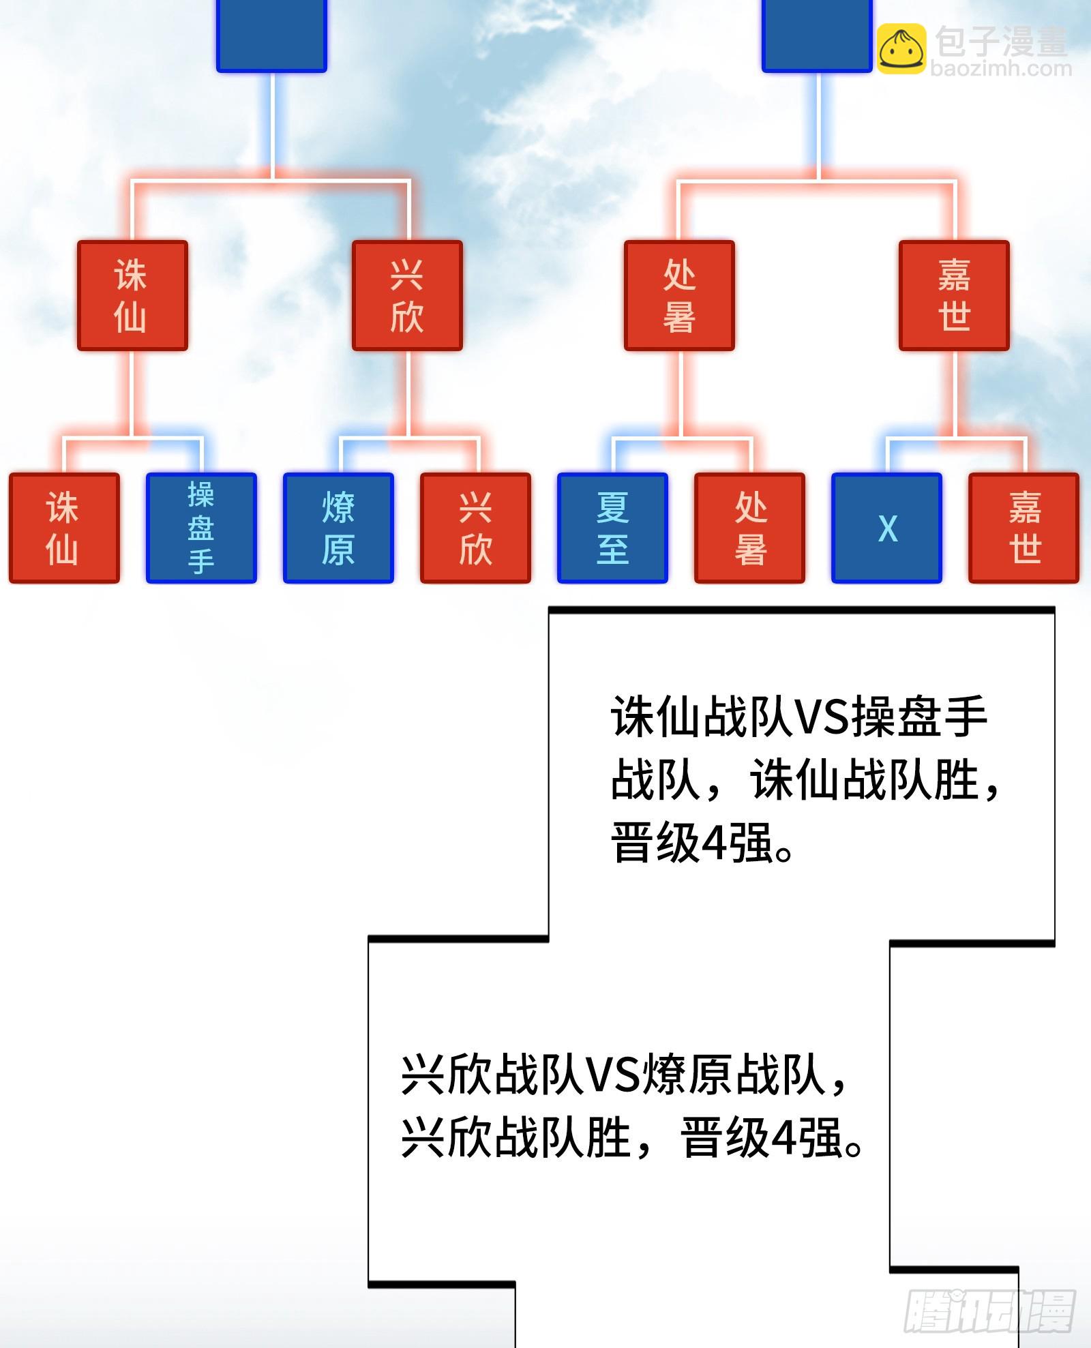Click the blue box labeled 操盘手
coord(201,528)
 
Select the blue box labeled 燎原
coord(338,528)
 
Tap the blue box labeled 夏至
coord(612,528)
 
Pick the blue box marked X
coord(886,528)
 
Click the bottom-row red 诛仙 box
coord(64,528)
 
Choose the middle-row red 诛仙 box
coord(132,295)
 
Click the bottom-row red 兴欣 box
coord(475,528)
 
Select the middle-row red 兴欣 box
coord(407,295)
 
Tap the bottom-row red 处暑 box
coord(749,528)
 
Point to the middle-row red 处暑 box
coord(679,295)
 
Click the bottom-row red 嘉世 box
coord(1023,528)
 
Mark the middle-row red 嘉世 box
coord(954,295)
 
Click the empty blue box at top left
coord(271,34)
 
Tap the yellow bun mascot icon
coord(901,49)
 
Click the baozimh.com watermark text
coord(1000,68)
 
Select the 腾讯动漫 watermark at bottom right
coord(989,1310)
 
